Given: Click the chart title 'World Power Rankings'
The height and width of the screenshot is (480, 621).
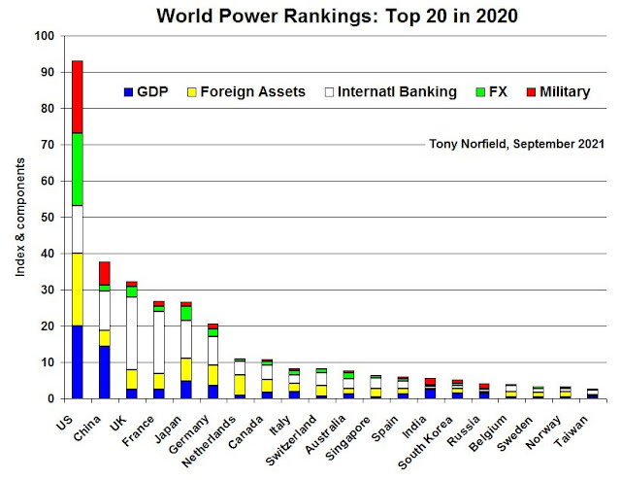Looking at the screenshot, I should pos(326,15).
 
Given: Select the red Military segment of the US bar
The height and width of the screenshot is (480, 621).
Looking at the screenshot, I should pos(77,96).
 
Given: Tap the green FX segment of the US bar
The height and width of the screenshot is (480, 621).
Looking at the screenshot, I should pos(77,169).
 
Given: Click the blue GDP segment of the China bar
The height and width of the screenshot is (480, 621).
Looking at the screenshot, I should pos(105,371).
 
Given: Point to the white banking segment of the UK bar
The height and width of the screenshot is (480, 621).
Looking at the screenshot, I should pos(132,332).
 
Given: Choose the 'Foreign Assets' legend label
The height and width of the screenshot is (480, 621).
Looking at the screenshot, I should pos(254,92).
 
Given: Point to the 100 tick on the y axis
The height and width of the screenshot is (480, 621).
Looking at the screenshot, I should pos(45,36).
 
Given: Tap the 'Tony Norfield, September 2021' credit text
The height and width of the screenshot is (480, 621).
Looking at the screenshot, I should pos(517,144).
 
